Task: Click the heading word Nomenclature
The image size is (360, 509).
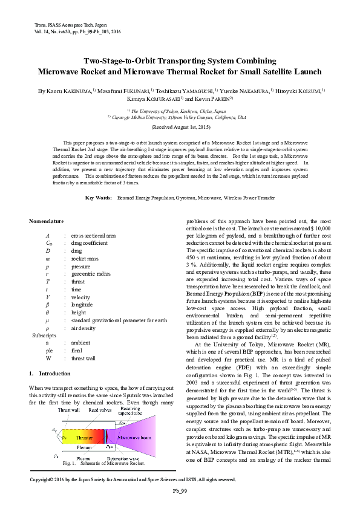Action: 47,221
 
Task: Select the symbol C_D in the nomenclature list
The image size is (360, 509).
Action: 48,243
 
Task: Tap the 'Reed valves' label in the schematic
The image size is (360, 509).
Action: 100,410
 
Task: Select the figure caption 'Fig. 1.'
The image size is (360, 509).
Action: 68,464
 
